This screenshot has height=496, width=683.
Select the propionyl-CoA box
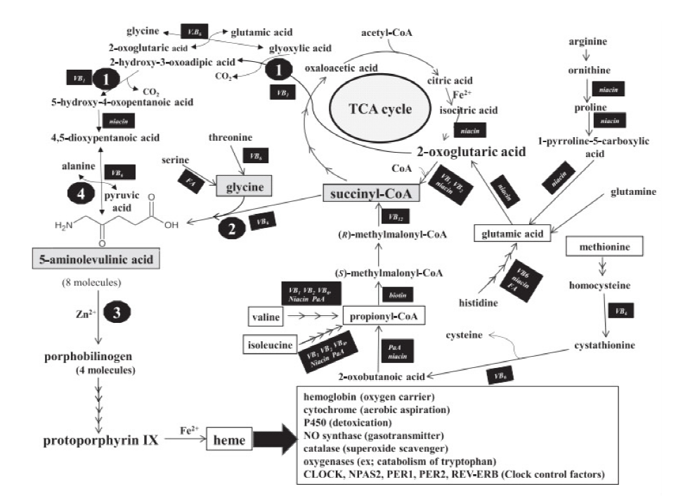[383, 317]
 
